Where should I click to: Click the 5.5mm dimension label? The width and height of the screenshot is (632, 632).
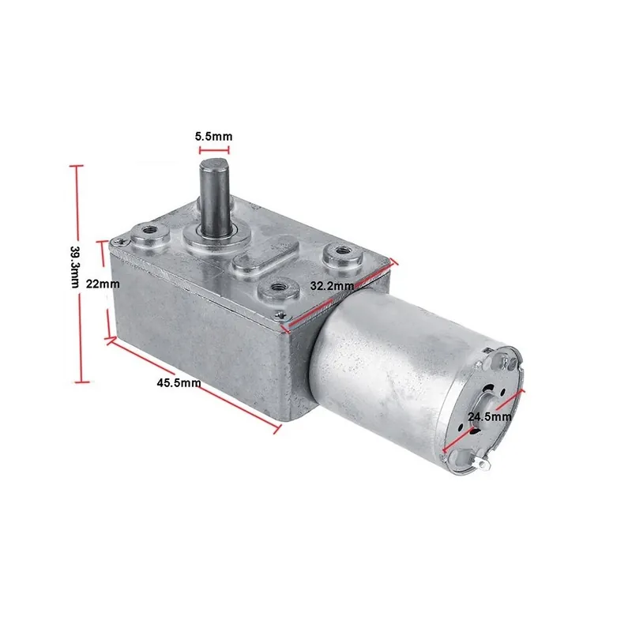click(213, 136)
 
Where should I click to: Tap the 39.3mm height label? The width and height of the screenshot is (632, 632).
click(75, 267)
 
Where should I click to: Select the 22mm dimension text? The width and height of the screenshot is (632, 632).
click(103, 284)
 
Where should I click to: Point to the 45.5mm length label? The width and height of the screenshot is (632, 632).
click(179, 382)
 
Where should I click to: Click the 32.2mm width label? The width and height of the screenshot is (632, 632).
click(332, 286)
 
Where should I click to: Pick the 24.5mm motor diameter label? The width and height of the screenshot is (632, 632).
click(490, 417)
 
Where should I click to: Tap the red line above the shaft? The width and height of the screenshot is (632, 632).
click(214, 150)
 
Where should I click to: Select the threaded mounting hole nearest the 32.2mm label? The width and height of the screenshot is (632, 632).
click(278, 288)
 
